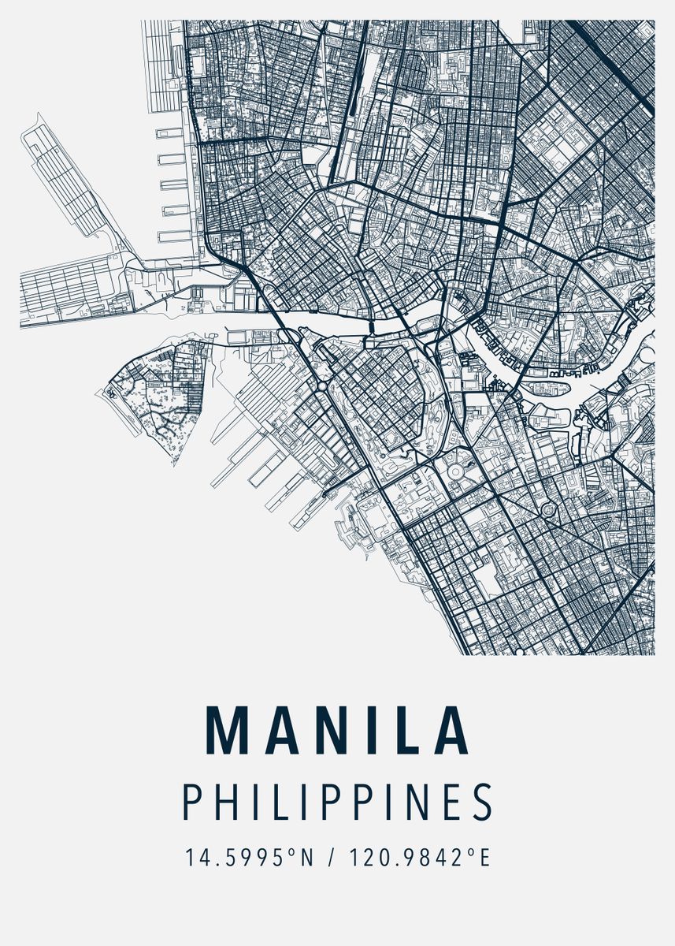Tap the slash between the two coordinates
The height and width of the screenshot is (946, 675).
[x=330, y=858]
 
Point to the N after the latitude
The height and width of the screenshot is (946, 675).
[x=306, y=858]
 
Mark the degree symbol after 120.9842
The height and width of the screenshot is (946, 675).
[x=470, y=852]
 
